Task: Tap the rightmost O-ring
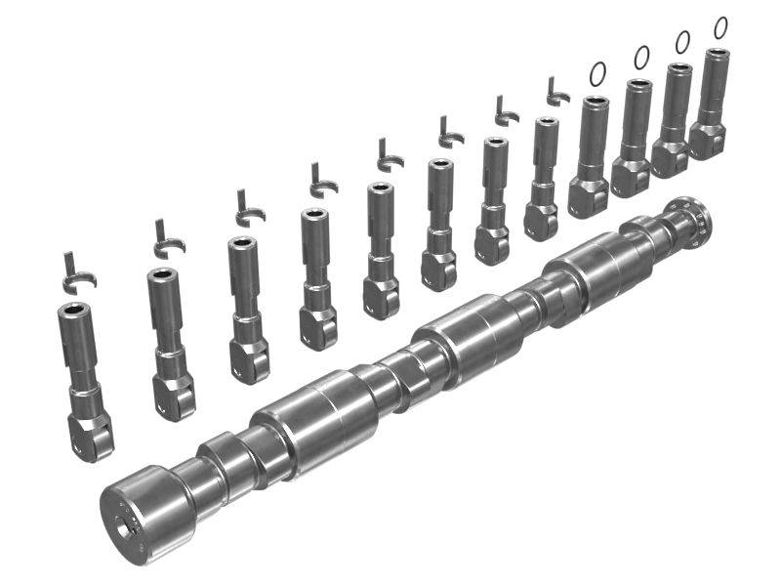(x=720, y=27)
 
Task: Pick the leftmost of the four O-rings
(x=597, y=73)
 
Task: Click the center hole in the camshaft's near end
(x=125, y=528)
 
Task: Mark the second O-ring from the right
(x=681, y=41)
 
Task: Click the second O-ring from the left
(x=640, y=58)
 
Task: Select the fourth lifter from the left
(x=317, y=273)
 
